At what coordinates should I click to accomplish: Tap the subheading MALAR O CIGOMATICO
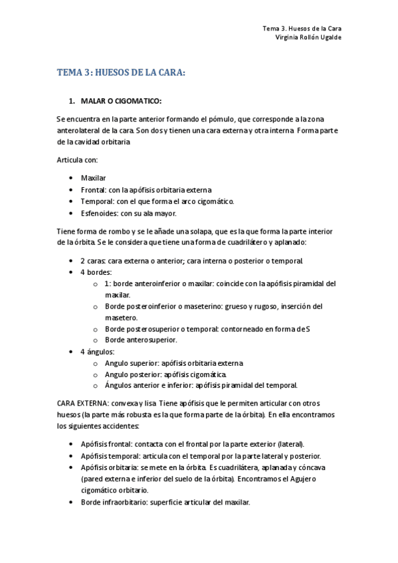pos(122,101)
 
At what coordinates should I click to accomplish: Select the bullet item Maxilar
pos(94,178)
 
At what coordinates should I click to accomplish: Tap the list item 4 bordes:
pos(96,272)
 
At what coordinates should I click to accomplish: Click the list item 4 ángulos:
pos(98,351)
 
